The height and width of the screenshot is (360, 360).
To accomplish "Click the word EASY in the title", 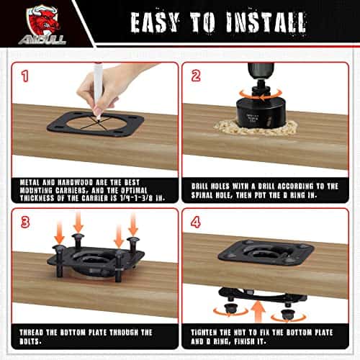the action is point(155,22).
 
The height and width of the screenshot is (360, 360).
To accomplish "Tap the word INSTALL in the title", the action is point(266,22).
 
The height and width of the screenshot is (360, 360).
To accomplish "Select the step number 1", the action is point(25,76).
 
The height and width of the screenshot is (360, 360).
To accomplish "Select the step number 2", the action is point(196,76).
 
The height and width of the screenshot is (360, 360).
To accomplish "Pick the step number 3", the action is point(25,222).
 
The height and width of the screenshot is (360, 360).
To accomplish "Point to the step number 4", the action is point(196,222).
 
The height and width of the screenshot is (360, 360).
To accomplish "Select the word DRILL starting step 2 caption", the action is point(199,186).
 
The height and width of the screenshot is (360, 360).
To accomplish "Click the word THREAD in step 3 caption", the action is point(31,333).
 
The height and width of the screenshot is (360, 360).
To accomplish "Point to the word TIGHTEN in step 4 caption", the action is point(204,333).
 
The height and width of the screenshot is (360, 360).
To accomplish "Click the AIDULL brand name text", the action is point(42,40).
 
